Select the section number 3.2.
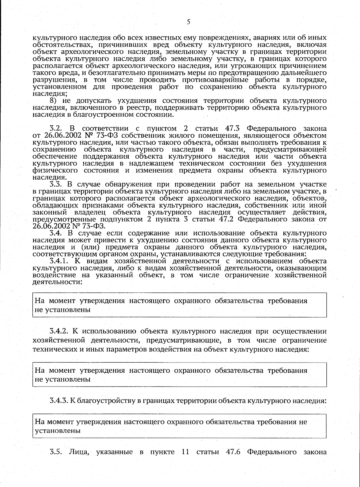coord(56,129)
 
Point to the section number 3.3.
coord(56,184)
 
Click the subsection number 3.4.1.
coord(59,261)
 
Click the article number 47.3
coord(234,129)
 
